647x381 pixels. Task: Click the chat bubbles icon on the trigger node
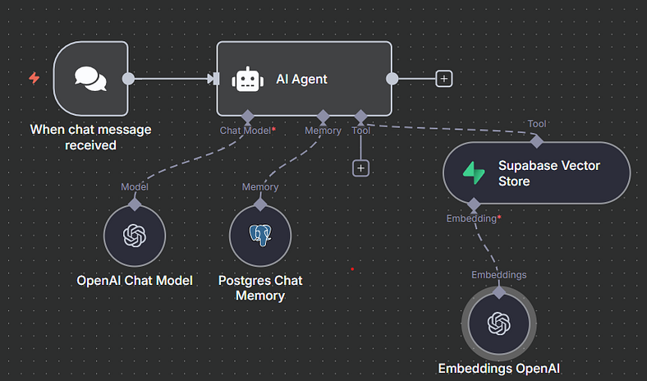coord(90,79)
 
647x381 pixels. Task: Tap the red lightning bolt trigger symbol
coord(34,79)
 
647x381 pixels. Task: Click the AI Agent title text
coord(301,79)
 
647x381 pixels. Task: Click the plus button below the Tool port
coord(360,168)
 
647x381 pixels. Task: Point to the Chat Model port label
coord(246,131)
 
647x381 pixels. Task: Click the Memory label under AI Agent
coord(323,131)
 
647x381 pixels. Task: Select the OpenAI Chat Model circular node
coord(135,236)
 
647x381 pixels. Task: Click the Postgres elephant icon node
coord(259,236)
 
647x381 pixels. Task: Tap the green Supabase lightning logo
coord(475,172)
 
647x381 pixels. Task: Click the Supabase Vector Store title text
coord(548,172)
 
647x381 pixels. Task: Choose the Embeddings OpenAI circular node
coord(498,324)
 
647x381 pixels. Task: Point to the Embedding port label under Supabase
coord(472,218)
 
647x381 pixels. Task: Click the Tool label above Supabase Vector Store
coord(537,124)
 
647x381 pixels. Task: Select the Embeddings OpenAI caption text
coord(498,369)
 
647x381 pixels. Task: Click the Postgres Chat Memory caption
coord(260,287)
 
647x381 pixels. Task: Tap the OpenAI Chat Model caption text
coord(135,280)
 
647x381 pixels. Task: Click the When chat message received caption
coord(90,137)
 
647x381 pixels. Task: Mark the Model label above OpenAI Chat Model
coord(135,187)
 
